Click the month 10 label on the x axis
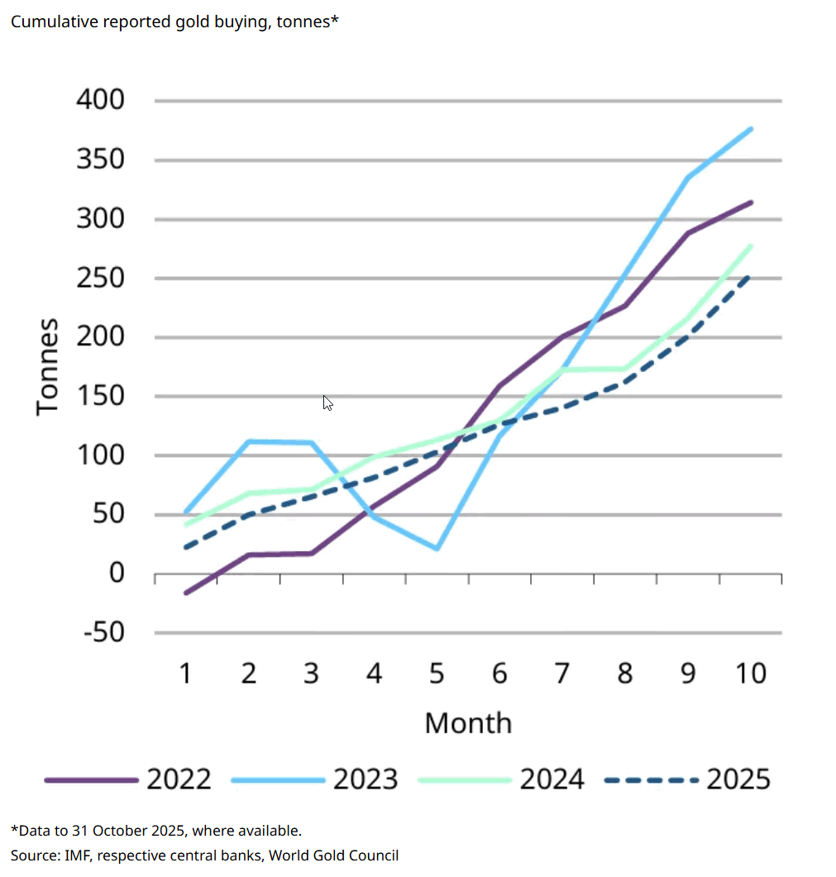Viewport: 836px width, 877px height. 751,674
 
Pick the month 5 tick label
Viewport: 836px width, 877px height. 437,674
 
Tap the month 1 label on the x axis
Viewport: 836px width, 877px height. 186,674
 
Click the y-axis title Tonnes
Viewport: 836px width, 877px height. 49,366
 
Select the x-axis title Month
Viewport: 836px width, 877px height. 468,723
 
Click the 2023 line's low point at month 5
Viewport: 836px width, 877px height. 437,549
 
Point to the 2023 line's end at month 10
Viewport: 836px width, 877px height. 751,128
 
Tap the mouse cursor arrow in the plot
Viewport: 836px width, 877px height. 327,403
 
